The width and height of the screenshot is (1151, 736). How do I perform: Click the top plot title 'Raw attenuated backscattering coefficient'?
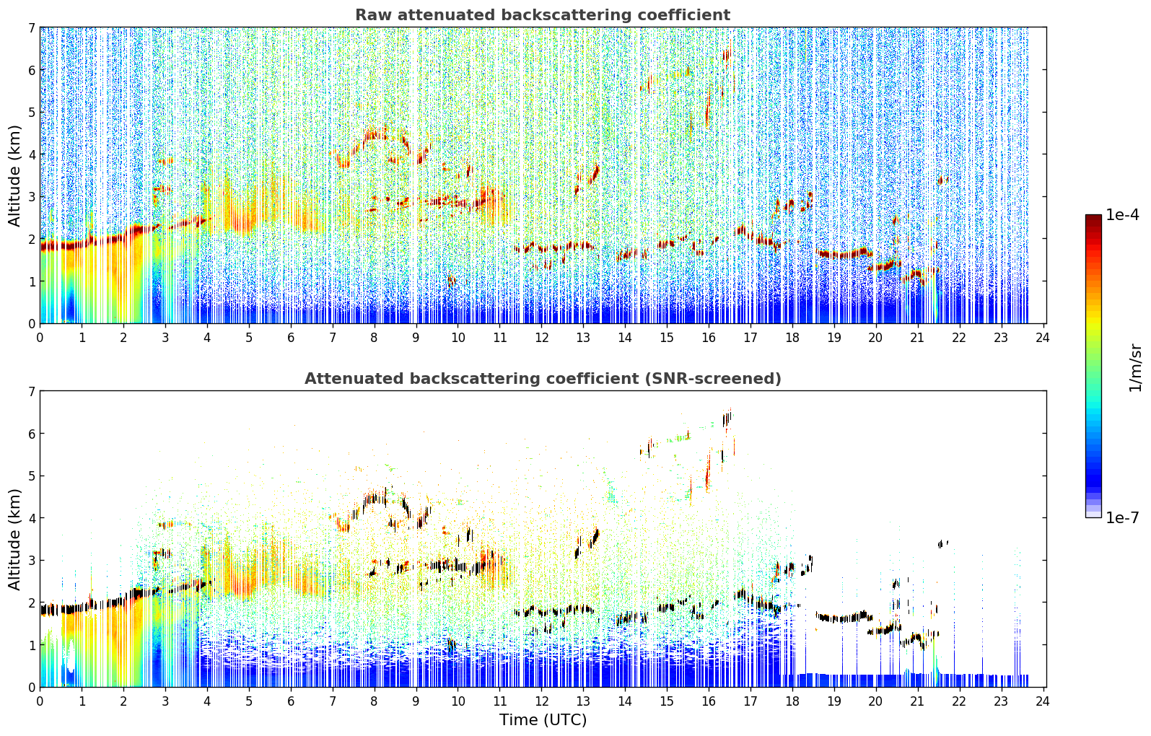pyautogui.click(x=543, y=15)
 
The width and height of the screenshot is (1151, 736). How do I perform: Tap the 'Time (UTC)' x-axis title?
pyautogui.click(x=543, y=720)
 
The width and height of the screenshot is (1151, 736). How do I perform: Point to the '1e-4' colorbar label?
pyautogui.click(x=1123, y=215)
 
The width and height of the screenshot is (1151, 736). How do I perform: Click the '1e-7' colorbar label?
pyautogui.click(x=1123, y=517)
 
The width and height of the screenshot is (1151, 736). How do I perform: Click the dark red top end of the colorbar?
pyautogui.click(x=1093, y=217)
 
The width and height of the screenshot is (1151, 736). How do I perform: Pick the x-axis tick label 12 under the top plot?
pyautogui.click(x=542, y=338)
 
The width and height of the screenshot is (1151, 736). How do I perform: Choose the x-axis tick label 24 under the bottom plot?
pyautogui.click(x=1043, y=701)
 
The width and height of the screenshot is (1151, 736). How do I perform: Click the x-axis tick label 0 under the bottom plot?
pyautogui.click(x=40, y=701)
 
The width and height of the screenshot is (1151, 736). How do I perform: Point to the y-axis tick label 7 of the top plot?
pyautogui.click(x=31, y=27)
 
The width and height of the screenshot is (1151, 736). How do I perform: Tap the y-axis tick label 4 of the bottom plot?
pyautogui.click(x=31, y=518)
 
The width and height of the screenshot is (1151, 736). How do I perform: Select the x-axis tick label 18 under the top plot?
pyautogui.click(x=792, y=338)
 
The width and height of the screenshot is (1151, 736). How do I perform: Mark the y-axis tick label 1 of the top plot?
pyautogui.click(x=31, y=281)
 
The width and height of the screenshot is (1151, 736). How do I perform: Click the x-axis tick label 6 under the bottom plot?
pyautogui.click(x=291, y=701)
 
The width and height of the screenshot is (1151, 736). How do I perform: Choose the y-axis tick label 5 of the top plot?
pyautogui.click(x=31, y=112)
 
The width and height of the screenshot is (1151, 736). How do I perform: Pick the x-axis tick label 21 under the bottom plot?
pyautogui.click(x=917, y=701)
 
